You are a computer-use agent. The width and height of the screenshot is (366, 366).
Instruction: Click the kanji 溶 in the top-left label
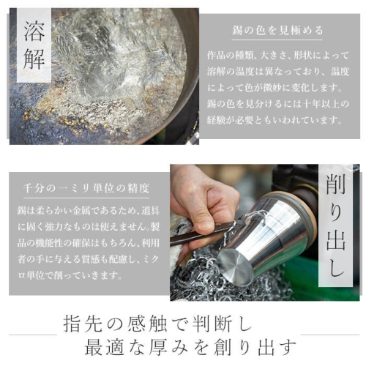34,31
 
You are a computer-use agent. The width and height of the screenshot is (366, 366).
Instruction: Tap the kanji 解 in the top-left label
34,59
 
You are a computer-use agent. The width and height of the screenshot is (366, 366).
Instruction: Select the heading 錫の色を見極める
277,31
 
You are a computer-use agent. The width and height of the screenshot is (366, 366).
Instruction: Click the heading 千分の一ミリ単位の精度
86,188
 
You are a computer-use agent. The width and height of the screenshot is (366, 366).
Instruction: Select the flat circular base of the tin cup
235,267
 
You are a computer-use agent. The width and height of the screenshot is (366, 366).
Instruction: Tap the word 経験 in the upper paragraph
216,120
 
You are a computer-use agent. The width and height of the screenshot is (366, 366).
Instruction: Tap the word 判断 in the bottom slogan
212,324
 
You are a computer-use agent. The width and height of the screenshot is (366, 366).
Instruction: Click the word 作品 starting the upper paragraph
216,56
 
